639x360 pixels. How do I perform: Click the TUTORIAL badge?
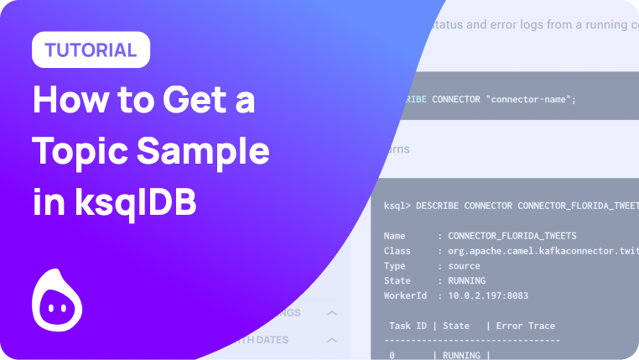(x=91, y=50)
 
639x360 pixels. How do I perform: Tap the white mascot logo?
(x=57, y=300)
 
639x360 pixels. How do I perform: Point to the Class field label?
(x=397, y=251)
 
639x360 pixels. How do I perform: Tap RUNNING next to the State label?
(x=467, y=281)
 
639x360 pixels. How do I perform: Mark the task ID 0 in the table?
(x=392, y=356)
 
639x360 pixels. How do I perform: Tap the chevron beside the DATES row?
(x=331, y=340)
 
